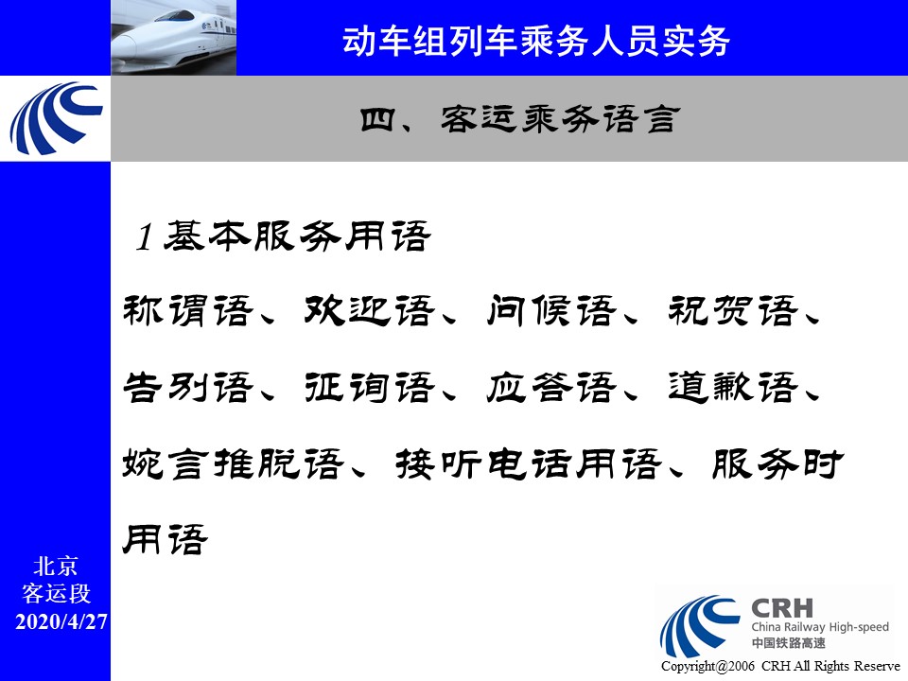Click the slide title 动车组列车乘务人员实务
pos(535,41)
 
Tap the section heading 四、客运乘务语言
pos(519,119)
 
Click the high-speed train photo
pos(174,38)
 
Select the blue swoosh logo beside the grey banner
pos(56,118)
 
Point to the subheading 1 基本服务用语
pos(283,236)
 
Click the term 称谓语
pos(188,310)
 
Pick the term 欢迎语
pos(370,310)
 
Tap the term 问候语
pos(551,310)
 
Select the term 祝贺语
pos(733,310)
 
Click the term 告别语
pos(188,387)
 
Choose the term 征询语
pos(370,387)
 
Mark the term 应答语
pos(551,387)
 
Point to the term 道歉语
pos(733,387)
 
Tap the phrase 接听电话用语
pos(528,463)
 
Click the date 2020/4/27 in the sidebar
pos(61,621)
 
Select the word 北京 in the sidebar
pos(56,566)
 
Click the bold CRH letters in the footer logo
pos(782,608)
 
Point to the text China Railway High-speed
pos(820,626)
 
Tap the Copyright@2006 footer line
pos(780,666)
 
